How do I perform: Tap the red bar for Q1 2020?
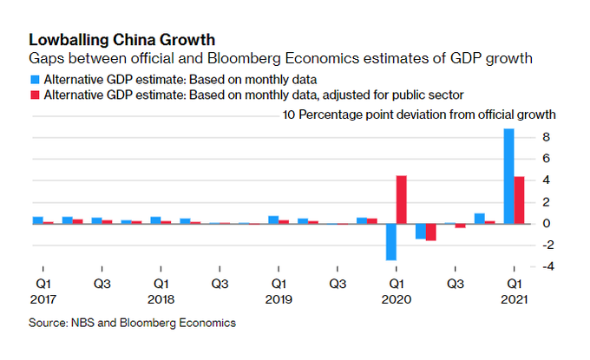(402, 200)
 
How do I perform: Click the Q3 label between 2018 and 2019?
(220, 283)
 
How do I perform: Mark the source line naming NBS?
(133, 323)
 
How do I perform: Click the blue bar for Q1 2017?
(38, 219)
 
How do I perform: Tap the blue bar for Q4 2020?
(480, 218)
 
